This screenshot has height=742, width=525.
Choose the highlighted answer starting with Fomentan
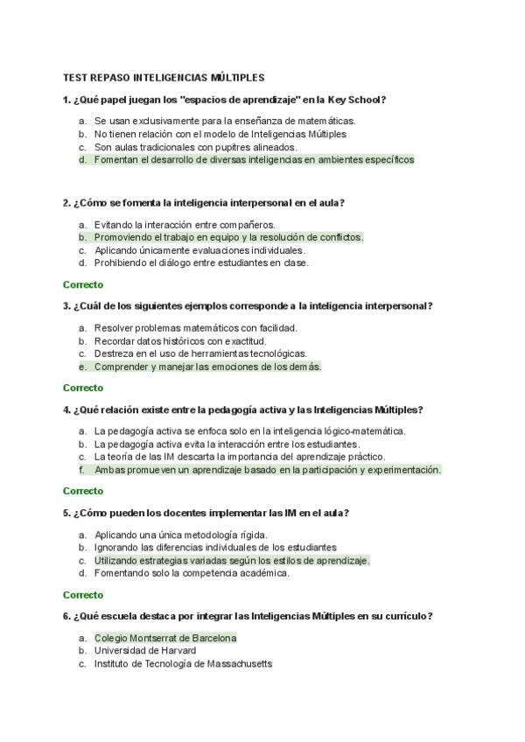click(254, 160)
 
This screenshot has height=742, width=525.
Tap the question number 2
click(66, 203)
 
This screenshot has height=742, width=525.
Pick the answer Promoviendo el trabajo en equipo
click(227, 237)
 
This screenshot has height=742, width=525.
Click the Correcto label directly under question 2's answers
click(83, 284)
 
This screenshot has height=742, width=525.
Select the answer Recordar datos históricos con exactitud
click(180, 340)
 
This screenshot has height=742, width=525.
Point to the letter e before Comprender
click(81, 367)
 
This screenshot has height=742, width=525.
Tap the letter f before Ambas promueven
click(81, 470)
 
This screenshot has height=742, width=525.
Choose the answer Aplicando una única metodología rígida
click(180, 535)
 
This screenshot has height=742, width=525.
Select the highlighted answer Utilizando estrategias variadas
click(232, 560)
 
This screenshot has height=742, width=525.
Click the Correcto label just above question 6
click(83, 594)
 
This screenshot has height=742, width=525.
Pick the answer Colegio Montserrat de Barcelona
click(165, 638)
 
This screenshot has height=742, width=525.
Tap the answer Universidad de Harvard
click(145, 651)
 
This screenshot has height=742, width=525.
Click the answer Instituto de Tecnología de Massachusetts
click(183, 664)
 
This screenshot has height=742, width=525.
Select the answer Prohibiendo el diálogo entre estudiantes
click(201, 262)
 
